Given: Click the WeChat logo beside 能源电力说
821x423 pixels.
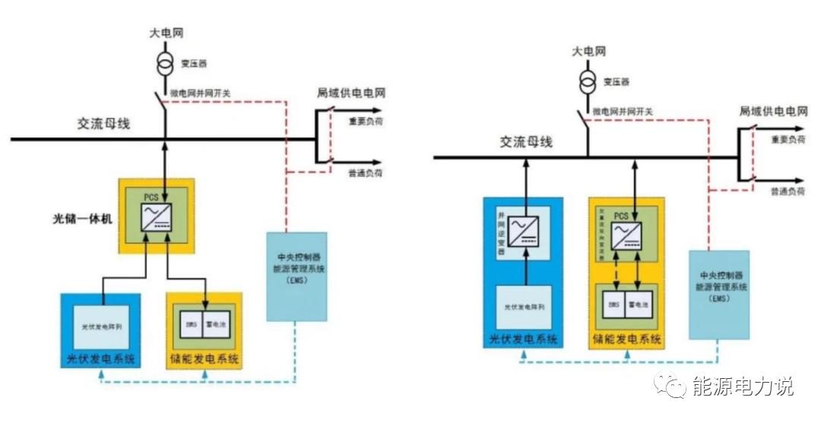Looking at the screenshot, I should tap(673, 387).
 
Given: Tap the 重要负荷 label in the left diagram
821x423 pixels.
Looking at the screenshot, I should tap(365, 120).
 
